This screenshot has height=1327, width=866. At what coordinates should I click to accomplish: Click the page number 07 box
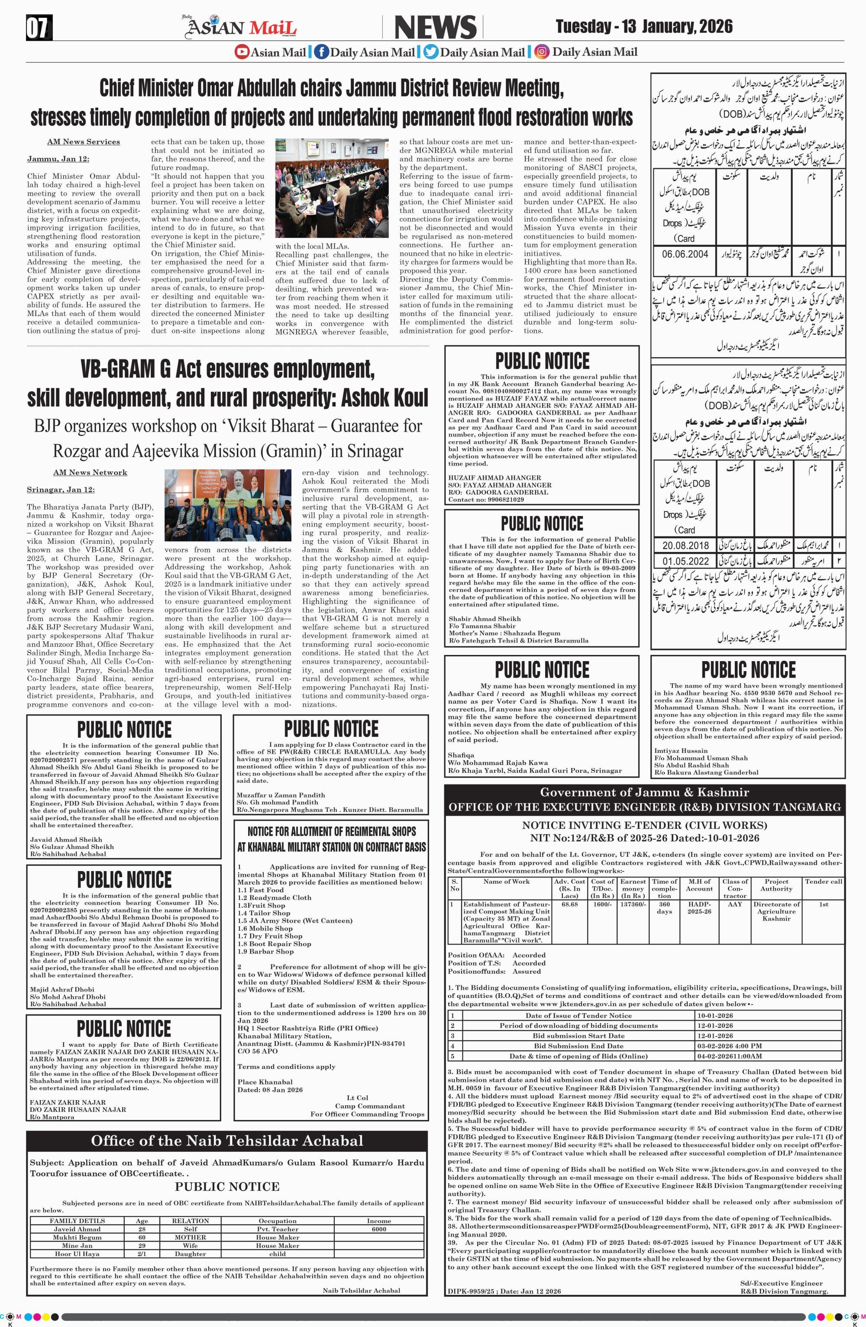point(39,28)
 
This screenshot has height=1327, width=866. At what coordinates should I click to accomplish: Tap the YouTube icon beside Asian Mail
point(242,52)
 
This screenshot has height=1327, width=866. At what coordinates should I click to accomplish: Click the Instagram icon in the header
point(541,52)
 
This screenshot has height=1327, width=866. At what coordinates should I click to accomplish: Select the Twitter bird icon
point(430,52)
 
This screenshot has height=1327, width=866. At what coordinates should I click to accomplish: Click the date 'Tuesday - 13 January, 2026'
point(644,27)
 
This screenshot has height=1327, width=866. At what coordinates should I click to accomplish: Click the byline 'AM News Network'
point(90,472)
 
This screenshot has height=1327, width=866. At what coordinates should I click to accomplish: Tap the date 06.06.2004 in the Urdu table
point(685,254)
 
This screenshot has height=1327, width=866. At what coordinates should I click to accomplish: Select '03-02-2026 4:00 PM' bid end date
point(729,1046)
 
